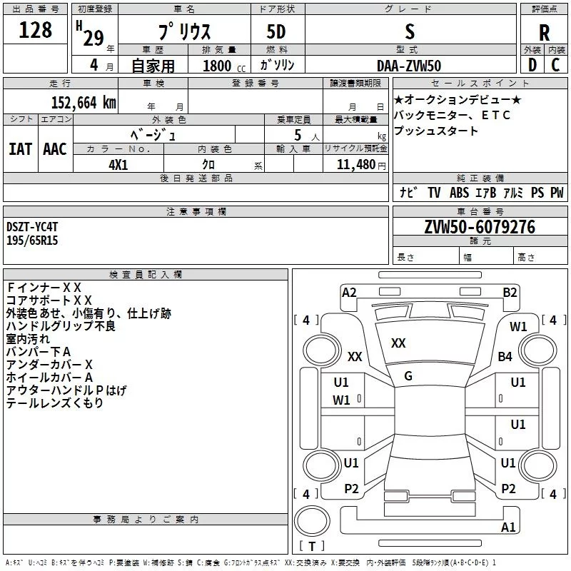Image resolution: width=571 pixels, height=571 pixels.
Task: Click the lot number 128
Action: tap(36, 30)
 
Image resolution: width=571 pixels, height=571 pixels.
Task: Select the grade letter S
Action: tap(409, 31)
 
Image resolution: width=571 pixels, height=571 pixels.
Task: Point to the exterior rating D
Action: tap(532, 65)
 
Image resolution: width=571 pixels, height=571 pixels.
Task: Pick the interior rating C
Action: tap(555, 65)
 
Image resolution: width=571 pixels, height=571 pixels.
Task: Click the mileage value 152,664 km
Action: tap(84, 102)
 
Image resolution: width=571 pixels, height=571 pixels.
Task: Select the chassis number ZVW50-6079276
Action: tap(479, 227)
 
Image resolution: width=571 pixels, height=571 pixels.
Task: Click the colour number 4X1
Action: tap(118, 163)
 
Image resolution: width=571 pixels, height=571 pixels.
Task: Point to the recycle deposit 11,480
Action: tap(355, 163)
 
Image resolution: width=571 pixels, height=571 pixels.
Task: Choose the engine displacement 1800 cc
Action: tap(218, 66)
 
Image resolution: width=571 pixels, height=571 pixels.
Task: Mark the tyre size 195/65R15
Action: tap(32, 241)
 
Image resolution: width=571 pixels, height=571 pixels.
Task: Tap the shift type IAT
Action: tap(19, 148)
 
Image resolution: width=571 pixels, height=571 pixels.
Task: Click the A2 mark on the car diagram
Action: tap(349, 292)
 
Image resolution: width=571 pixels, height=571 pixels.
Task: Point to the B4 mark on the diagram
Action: tap(505, 356)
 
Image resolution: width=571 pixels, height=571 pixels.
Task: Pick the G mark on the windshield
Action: tap(408, 375)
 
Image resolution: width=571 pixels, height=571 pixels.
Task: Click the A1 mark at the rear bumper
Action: tap(508, 527)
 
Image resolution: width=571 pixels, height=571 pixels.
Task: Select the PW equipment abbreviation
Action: tap(557, 193)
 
